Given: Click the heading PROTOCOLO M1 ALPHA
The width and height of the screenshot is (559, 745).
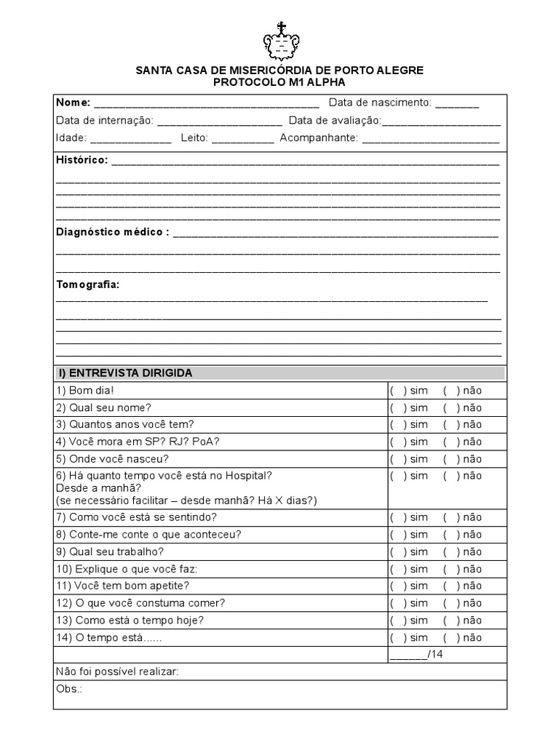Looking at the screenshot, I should pos(279,82).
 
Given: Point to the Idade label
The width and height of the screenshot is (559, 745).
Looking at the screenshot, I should pos(71,138).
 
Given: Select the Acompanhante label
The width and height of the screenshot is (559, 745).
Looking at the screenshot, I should pos(319,138).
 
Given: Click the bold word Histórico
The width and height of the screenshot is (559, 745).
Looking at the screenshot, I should pos(82,160).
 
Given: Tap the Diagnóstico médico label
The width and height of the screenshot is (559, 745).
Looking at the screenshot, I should pos(112,232).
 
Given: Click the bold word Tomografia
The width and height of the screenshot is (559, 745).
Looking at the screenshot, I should pos(87,284).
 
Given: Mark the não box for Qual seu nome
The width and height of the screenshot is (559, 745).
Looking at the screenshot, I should pos(451,407).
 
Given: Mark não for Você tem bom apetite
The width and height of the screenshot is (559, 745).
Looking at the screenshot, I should pos(451,586).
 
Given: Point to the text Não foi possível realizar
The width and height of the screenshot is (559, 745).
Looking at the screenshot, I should pos(116,672).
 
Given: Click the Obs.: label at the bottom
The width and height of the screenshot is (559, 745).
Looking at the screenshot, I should pos(68,688).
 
